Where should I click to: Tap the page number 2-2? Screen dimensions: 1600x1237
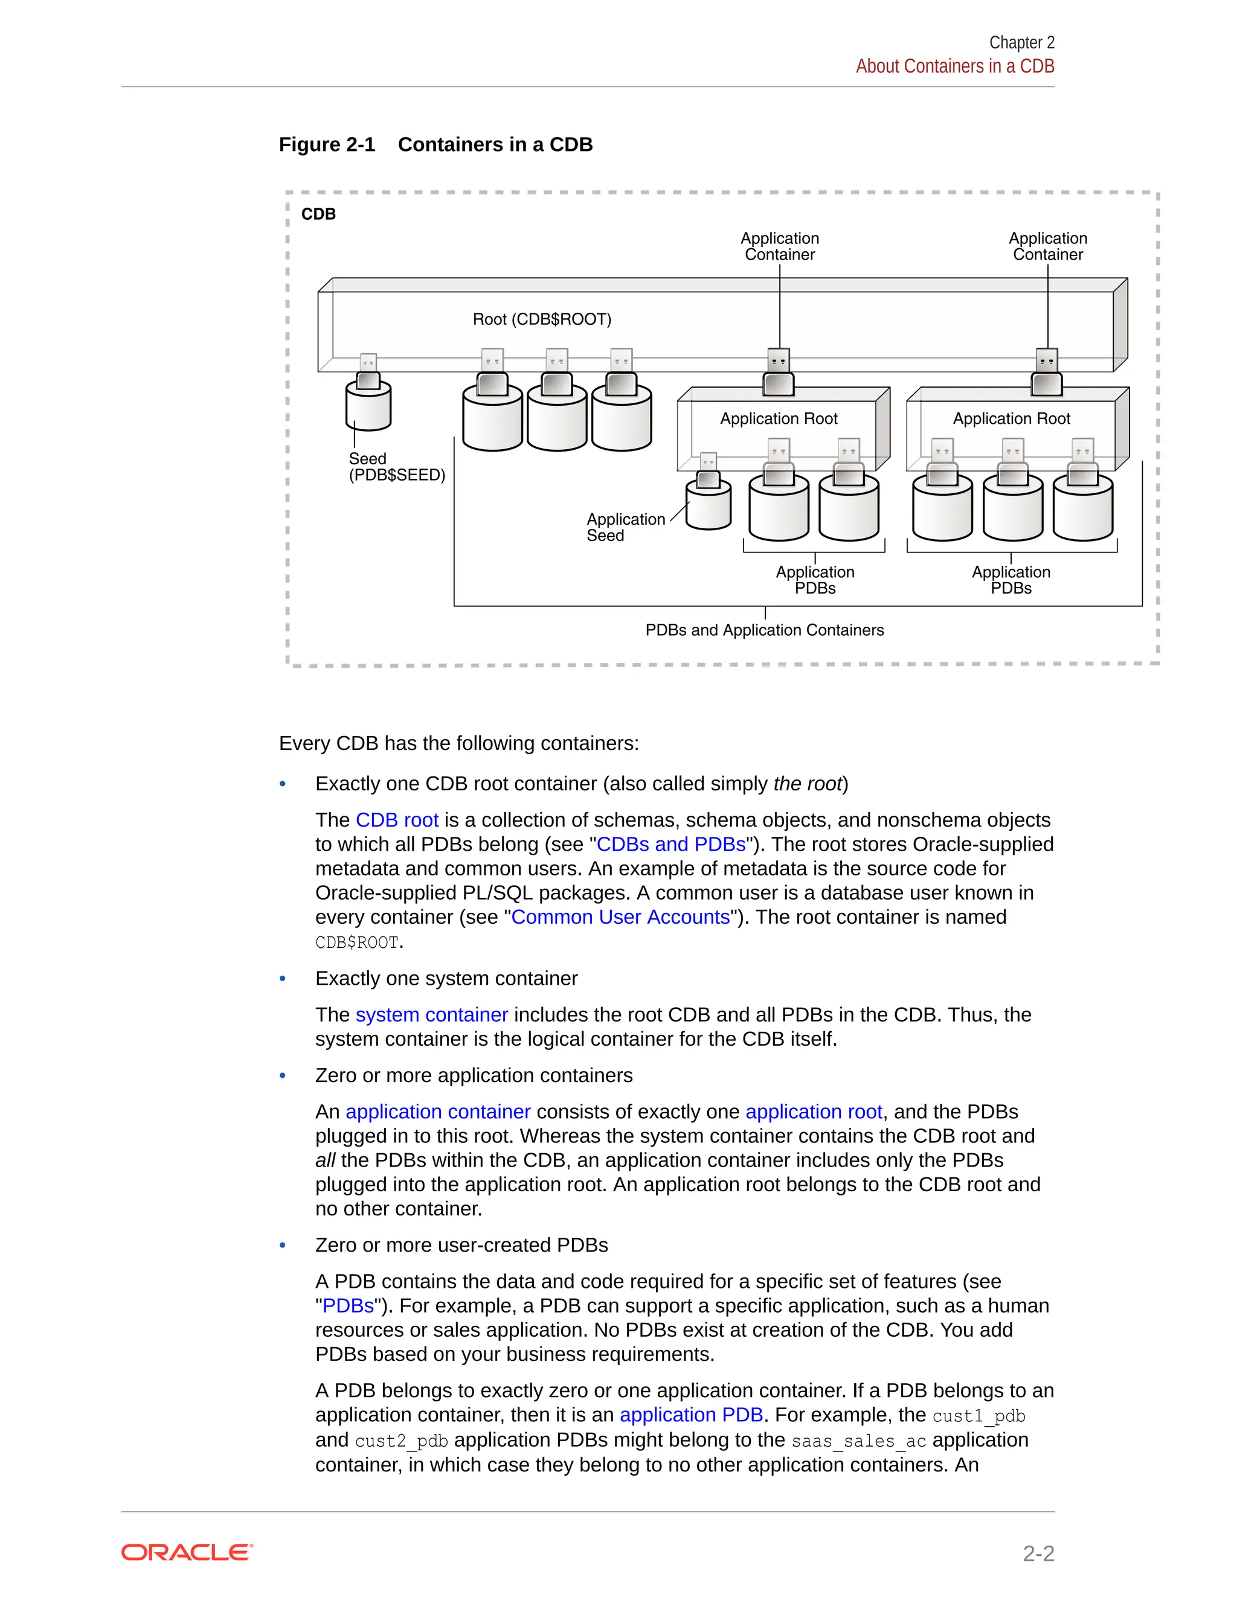point(1038,1553)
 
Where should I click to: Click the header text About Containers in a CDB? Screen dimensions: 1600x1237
point(954,66)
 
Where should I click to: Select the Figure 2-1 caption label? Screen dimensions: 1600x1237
point(327,144)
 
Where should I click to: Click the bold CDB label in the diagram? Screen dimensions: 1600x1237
point(318,214)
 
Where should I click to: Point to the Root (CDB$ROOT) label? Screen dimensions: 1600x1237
point(542,319)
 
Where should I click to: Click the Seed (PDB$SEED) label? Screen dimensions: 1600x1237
point(396,467)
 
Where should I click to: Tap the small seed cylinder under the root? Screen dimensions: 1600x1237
point(368,409)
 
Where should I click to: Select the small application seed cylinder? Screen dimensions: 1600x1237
point(708,505)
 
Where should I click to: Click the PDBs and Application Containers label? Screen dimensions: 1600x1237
point(764,630)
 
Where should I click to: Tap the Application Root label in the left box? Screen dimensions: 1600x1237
point(778,418)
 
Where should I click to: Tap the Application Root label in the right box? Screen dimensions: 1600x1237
point(1011,418)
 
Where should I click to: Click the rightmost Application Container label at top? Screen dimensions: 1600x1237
point(1047,246)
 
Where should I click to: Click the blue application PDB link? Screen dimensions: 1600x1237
point(691,1415)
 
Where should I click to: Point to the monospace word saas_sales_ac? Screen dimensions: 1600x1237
point(858,1441)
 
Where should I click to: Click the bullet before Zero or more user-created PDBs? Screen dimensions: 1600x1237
point(283,1246)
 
